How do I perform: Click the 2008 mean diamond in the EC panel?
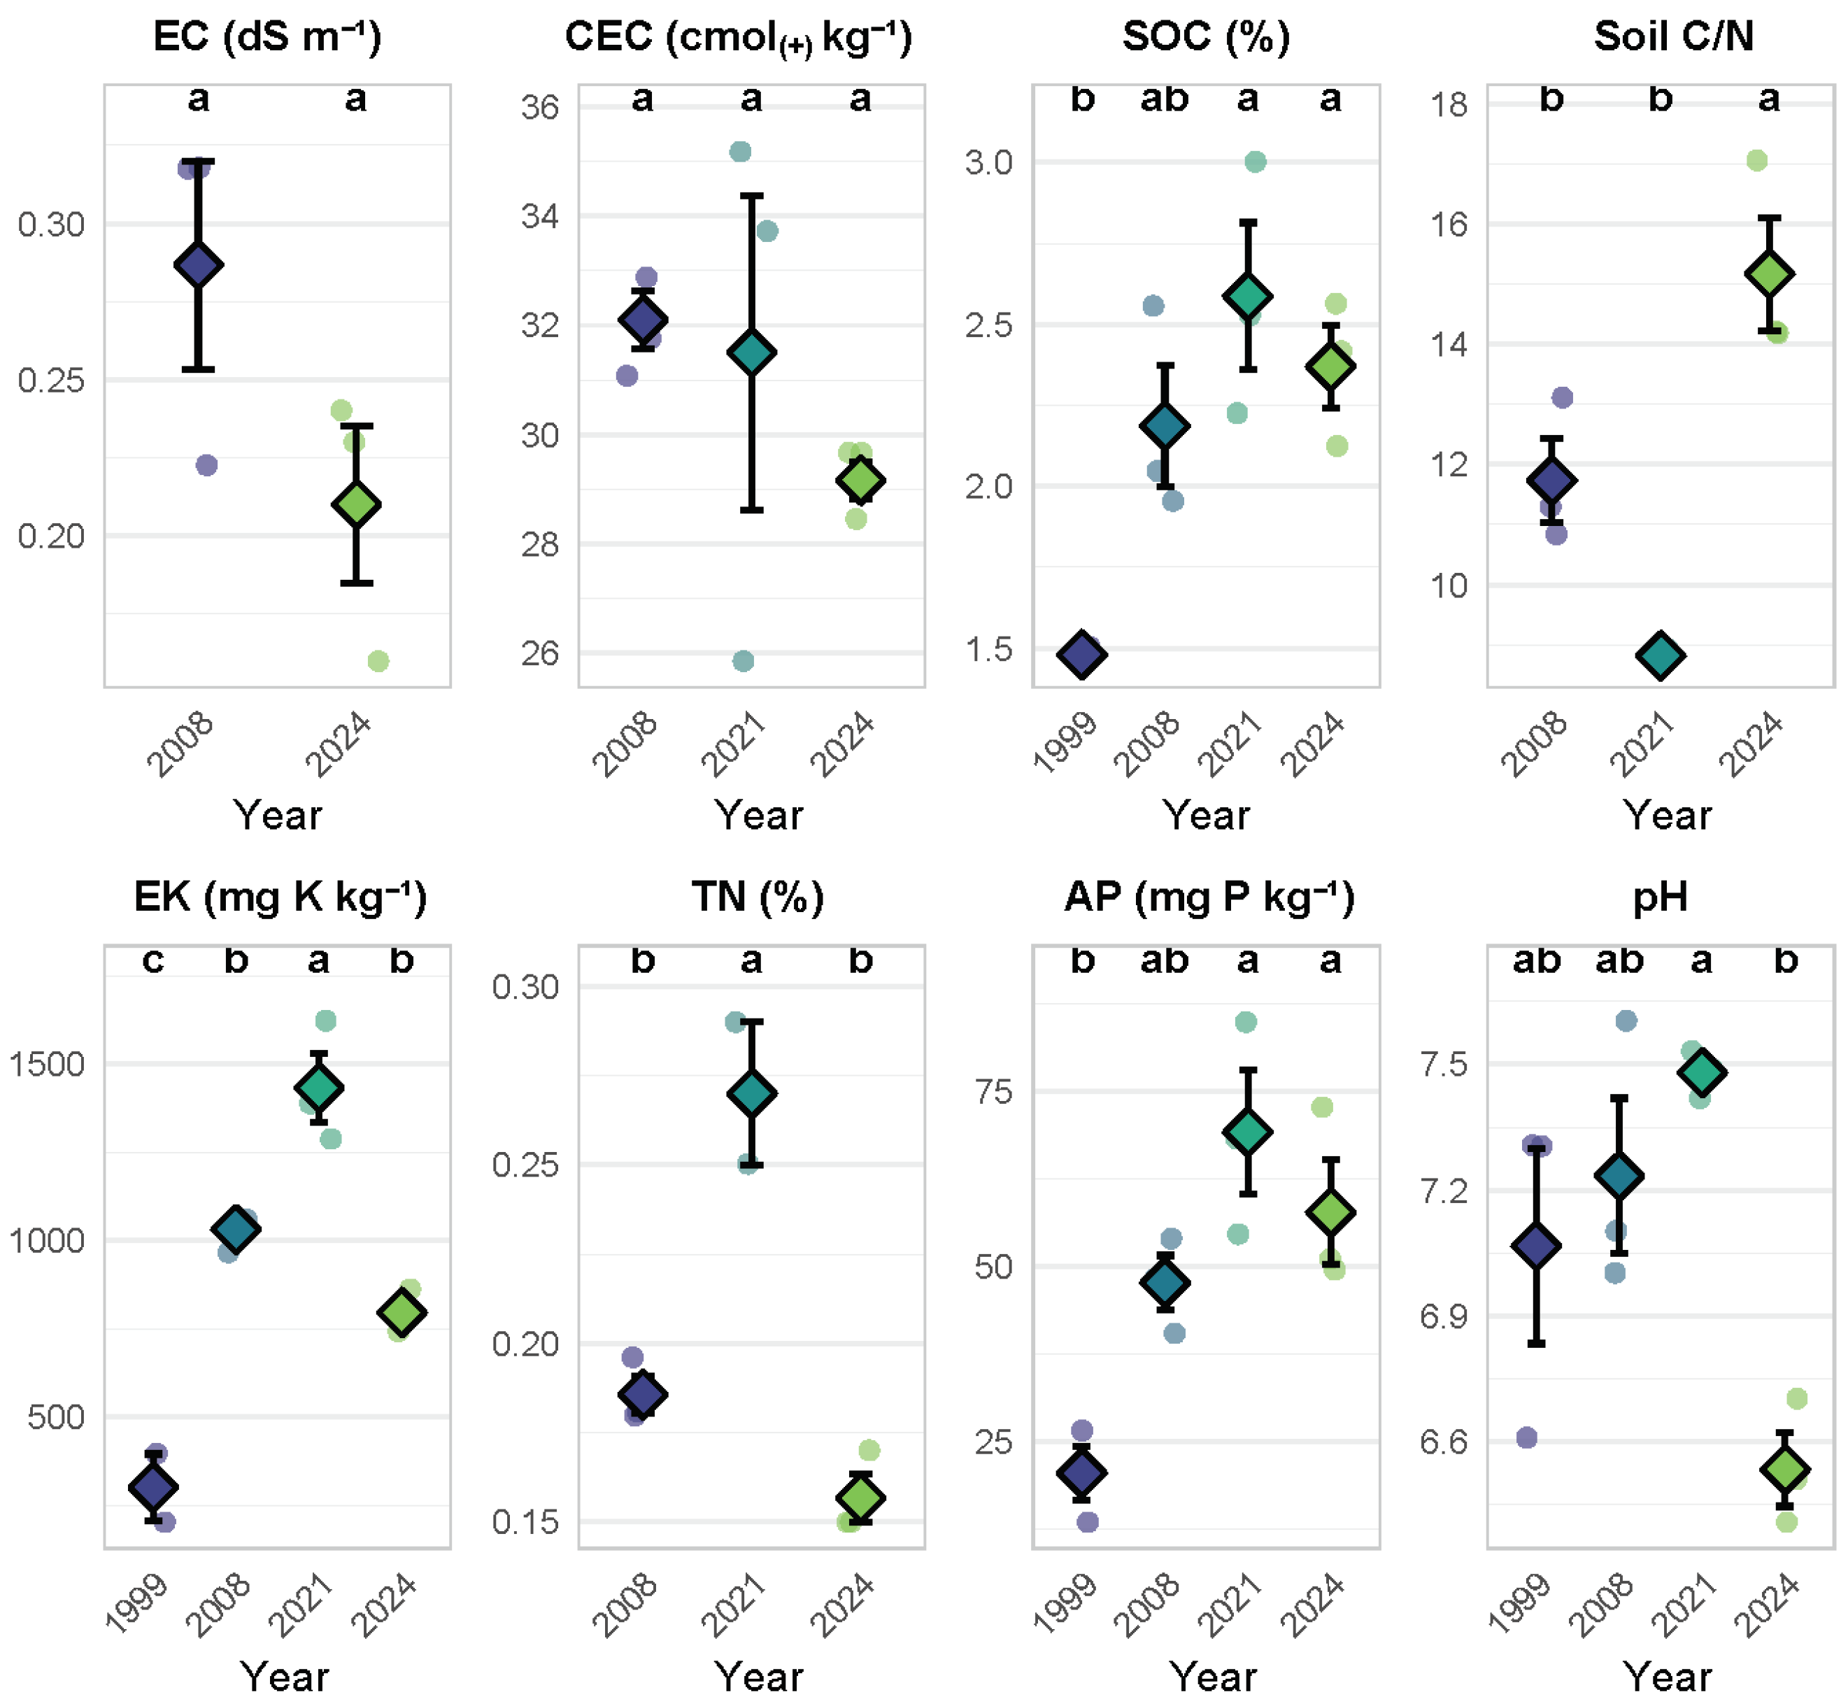[x=199, y=265]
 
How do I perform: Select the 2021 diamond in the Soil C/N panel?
[x=1660, y=655]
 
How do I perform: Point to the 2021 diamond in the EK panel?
[x=318, y=1088]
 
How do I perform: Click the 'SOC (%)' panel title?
[x=1206, y=37]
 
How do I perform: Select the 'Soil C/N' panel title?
[x=1672, y=37]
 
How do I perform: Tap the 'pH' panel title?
[x=1660, y=897]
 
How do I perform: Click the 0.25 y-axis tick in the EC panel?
[x=51, y=381]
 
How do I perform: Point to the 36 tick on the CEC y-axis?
[x=540, y=107]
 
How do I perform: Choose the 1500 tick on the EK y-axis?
[x=46, y=1065]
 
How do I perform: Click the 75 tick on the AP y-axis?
[x=993, y=1092]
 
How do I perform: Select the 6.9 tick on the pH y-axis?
[x=1444, y=1316]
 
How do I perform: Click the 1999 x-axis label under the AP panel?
[x=1065, y=1605]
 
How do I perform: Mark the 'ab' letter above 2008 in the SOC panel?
[x=1164, y=98]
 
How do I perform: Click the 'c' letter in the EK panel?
[x=153, y=960]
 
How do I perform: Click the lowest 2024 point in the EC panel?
[x=378, y=661]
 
